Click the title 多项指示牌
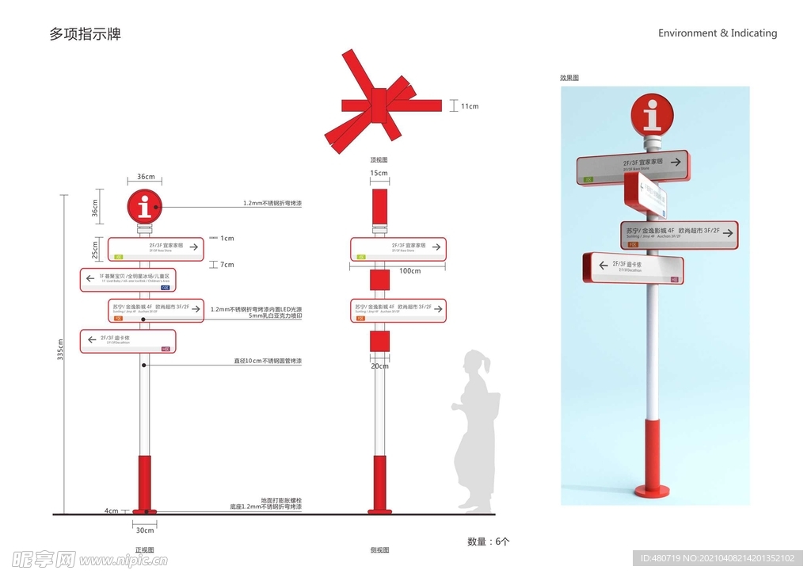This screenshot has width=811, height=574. [85, 34]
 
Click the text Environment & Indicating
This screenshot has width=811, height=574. [718, 33]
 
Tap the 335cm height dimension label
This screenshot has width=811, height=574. [60, 350]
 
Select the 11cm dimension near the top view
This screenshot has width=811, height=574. [470, 106]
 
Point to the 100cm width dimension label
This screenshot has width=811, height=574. [409, 271]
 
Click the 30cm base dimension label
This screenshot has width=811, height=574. [145, 530]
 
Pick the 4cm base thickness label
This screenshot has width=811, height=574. [112, 511]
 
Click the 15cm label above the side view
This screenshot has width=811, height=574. [379, 174]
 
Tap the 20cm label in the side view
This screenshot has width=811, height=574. [380, 366]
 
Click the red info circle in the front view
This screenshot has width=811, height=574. [144, 208]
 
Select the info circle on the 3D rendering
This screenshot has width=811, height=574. [652, 116]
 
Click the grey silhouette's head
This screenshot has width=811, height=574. [475, 362]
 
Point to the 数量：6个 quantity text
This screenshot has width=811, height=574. [489, 541]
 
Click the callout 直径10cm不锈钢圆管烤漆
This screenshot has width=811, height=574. [267, 362]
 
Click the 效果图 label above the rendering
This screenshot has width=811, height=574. [569, 78]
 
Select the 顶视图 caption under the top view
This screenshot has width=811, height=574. [379, 159]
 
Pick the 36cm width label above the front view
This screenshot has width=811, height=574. [145, 177]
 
